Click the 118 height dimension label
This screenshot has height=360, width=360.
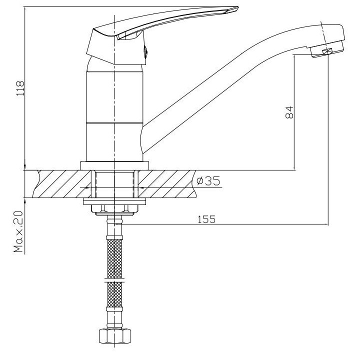[20, 88]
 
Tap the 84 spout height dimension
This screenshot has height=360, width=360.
[289, 112]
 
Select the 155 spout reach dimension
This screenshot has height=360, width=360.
[206, 219]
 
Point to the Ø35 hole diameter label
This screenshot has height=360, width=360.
[208, 181]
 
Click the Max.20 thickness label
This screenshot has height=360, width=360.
[18, 231]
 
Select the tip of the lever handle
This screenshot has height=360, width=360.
[238, 8]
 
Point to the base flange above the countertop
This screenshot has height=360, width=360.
[114, 165]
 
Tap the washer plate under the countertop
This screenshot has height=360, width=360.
[114, 201]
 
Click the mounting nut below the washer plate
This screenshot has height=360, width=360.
[114, 208]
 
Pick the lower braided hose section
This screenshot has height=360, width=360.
[114, 294]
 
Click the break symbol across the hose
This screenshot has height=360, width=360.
[114, 280]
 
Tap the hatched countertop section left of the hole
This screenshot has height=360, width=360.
[62, 184]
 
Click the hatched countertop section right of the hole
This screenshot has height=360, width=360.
[167, 184]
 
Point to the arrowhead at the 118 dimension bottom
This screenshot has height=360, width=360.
[25, 167]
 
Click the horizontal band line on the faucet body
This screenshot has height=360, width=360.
[114, 123]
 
